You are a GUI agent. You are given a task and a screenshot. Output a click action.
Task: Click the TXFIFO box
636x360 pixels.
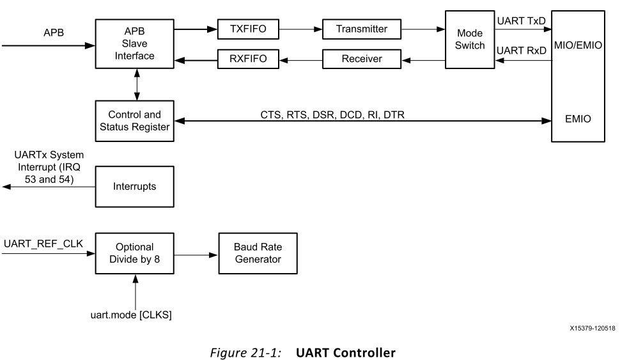coord(247,29)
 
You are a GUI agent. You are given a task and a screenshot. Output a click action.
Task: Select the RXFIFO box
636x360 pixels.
coord(247,59)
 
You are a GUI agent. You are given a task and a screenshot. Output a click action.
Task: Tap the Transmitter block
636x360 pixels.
coord(362,29)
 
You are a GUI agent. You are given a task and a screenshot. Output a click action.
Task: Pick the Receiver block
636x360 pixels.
coord(362,59)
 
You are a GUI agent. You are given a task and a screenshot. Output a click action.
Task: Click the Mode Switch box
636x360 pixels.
coord(470,40)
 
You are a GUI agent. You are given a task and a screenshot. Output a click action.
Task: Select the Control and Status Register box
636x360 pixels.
coord(135,121)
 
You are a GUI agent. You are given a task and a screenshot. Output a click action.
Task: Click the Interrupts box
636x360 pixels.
coord(135,187)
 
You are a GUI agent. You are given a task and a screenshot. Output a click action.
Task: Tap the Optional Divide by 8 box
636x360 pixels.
coord(135,253)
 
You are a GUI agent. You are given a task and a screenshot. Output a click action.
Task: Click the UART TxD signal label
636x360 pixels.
coord(521,21)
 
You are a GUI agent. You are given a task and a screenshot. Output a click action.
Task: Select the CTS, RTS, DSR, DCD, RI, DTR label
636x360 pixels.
coord(332,115)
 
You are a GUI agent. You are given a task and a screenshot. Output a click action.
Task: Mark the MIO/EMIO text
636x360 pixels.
coord(578,45)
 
